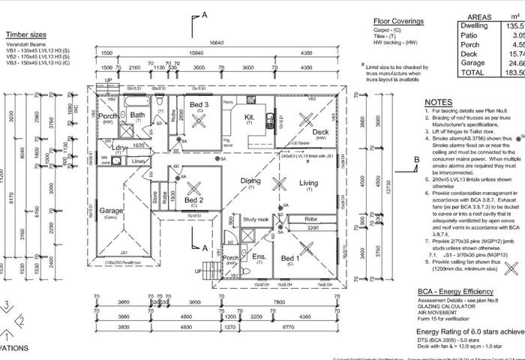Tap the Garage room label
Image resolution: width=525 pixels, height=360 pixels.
click(x=110, y=211)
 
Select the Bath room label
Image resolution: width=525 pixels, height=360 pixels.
click(x=137, y=115)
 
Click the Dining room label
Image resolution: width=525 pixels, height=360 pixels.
click(x=250, y=181)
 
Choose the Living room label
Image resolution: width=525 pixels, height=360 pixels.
click(x=308, y=182)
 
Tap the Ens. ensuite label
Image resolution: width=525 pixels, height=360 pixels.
click(x=260, y=256)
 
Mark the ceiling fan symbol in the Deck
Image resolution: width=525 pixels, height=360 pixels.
click(x=305, y=118)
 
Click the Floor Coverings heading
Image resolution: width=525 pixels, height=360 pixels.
click(x=398, y=22)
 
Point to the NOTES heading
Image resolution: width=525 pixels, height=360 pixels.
click(x=437, y=102)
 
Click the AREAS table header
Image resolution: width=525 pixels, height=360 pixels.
click(x=479, y=16)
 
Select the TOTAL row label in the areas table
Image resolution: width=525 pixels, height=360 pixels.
click(x=472, y=73)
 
